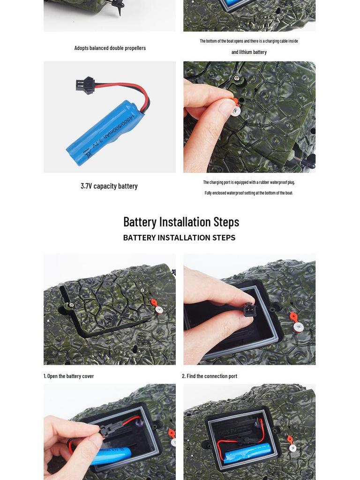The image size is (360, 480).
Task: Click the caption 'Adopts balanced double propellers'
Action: pos(110,48)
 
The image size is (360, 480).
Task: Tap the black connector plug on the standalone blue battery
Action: pos(85,85)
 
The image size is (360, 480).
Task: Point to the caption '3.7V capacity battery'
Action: pos(109,186)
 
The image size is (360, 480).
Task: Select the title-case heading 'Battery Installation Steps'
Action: pos(181,222)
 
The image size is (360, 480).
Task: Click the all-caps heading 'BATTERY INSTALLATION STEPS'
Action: pos(180,238)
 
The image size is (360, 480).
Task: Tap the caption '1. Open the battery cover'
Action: pos(68,376)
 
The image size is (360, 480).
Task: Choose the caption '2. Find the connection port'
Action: pos(210,376)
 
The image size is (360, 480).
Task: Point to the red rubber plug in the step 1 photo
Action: pos(154,303)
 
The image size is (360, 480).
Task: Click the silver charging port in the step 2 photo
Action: pos(299,327)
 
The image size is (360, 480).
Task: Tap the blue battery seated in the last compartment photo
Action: pos(247,453)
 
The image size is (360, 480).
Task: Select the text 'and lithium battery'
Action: pos(249,52)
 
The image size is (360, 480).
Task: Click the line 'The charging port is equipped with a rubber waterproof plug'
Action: pos(249,182)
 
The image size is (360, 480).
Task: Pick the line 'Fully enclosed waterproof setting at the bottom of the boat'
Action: pos(249,193)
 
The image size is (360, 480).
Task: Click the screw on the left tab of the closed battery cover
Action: pos(71,305)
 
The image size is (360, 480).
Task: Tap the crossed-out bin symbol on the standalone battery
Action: pos(89,153)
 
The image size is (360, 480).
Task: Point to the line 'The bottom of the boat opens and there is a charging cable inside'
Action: pos(249,41)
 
